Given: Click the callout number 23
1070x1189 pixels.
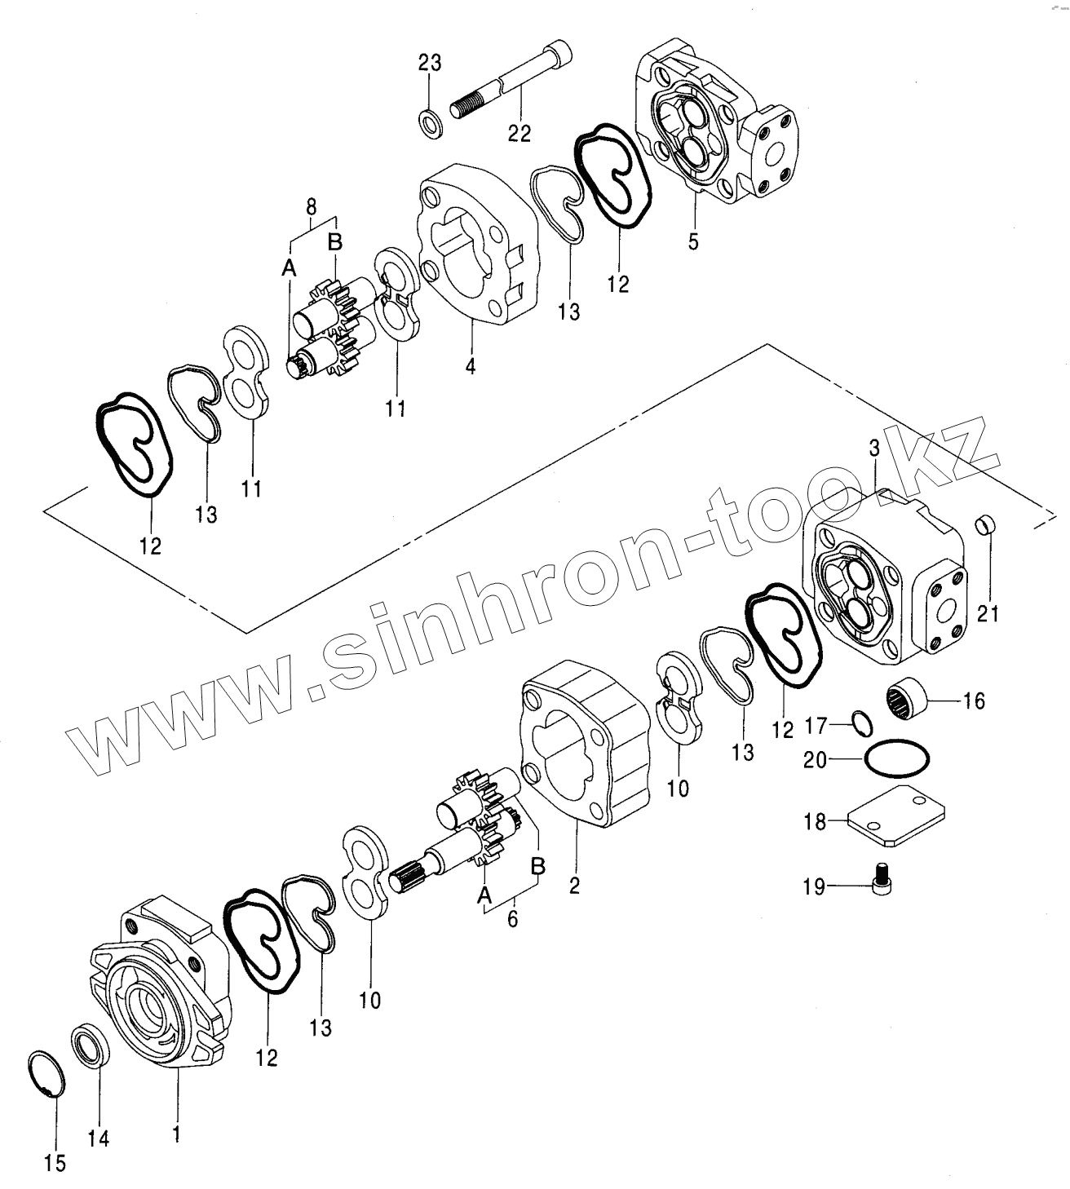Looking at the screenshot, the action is [430, 63].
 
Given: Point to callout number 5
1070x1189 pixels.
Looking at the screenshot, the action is [693, 242].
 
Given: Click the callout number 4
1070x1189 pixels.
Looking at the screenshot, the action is [471, 366].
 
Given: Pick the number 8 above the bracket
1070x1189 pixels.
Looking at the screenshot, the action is [311, 207].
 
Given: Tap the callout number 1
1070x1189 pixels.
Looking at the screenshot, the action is [177, 1134].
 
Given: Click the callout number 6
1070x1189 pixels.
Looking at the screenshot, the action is [512, 918].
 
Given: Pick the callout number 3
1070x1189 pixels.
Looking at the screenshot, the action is [874, 448].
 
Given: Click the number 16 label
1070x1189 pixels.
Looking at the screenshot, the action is [974, 700].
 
